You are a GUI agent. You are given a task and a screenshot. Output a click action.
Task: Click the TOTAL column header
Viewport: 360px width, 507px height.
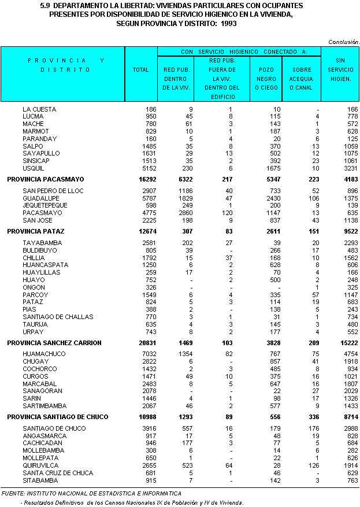[140, 70]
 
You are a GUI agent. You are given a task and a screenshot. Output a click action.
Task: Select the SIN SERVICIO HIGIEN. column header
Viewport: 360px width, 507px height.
[340, 69]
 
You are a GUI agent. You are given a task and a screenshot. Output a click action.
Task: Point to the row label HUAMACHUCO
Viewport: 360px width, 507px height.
[44, 354]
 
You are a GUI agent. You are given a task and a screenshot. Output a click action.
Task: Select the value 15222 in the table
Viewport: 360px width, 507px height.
[347, 343]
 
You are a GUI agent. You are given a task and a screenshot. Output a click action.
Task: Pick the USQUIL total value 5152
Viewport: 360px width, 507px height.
[147, 168]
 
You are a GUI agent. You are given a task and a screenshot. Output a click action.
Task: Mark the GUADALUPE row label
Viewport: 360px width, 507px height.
[41, 198]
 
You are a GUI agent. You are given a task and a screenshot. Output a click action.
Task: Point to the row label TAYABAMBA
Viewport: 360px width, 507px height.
[42, 243]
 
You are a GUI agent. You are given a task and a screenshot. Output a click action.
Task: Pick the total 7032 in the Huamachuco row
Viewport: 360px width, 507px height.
[147, 354]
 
